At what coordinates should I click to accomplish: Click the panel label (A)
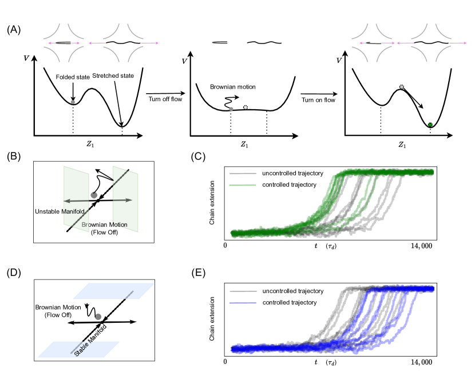14,29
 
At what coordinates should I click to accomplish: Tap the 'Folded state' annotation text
73,77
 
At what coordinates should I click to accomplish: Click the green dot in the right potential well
430,124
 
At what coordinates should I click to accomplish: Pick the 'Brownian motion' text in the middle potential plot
232,87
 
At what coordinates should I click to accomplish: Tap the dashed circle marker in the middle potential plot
246,107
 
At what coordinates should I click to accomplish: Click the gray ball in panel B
94,195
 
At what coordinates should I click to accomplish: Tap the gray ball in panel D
98,317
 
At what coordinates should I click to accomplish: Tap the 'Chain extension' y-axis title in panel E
213,319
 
